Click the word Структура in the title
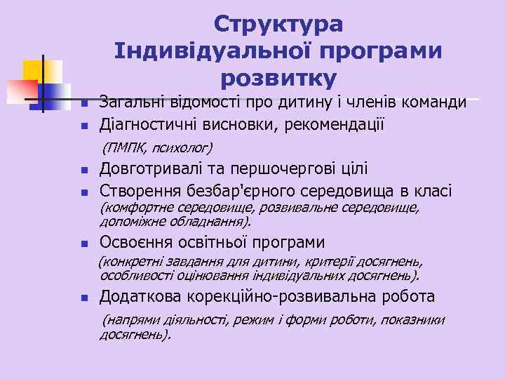tap(278, 25)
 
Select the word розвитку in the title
tap(278, 77)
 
